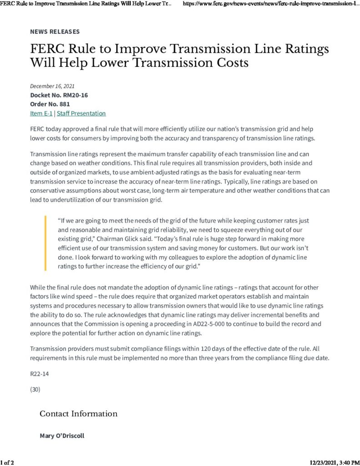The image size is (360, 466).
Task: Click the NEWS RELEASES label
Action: pos(55,31)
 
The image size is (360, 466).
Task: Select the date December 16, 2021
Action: pos(52,86)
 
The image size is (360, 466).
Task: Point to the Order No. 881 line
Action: pos(50,104)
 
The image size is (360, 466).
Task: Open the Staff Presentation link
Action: pos(81,113)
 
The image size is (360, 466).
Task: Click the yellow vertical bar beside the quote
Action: pos(46,243)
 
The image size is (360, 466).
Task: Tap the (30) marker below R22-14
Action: pos(35,389)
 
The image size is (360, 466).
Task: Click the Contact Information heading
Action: pos(78,414)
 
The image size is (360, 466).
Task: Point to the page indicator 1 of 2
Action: pos(8,462)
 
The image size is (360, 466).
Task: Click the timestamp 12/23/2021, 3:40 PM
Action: pos(334,462)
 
